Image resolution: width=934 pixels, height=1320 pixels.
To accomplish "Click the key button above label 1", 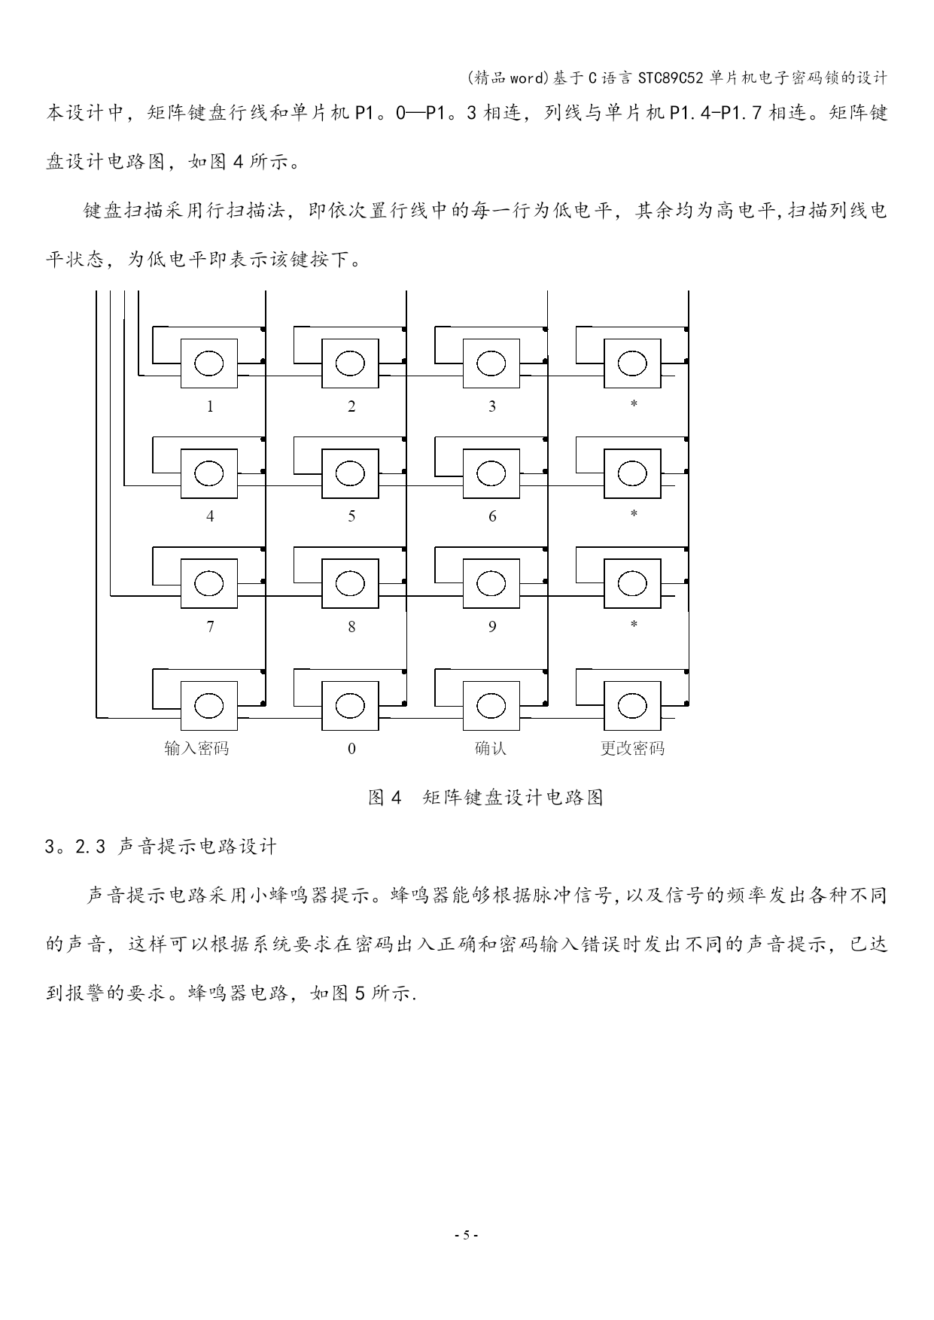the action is click(208, 363).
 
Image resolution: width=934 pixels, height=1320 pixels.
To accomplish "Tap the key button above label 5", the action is click(350, 473).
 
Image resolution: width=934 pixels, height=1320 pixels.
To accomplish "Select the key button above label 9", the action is click(491, 583).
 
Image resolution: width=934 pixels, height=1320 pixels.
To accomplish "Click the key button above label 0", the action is click(350, 706).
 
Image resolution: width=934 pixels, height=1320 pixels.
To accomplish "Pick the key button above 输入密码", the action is click(208, 706).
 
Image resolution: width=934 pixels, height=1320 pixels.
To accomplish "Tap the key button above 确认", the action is click(491, 706).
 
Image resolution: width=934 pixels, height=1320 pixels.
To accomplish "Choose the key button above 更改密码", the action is click(632, 706).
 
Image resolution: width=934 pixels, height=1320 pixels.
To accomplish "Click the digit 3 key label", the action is click(492, 406).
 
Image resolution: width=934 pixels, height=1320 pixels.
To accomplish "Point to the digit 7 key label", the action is click(210, 626).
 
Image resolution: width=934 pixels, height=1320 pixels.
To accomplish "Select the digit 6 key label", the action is click(492, 516).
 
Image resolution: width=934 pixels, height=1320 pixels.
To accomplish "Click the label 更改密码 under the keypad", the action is click(632, 748).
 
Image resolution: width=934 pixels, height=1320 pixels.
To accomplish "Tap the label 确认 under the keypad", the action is click(491, 748).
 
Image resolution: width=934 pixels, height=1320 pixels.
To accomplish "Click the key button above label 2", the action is click(350, 363).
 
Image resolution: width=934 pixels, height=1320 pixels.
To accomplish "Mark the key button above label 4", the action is click(208, 473).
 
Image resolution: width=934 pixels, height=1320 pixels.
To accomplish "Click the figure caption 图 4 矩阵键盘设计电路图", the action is click(485, 798).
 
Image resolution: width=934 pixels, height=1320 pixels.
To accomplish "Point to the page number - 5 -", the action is click(467, 1235).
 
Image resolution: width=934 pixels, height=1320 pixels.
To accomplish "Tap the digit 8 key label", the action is click(351, 626).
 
